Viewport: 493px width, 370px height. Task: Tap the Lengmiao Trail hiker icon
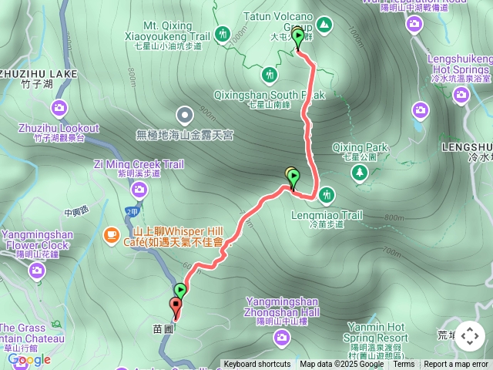point(326,193)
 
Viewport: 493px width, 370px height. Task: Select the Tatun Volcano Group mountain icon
point(324,25)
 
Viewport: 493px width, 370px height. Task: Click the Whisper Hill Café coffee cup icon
point(112,233)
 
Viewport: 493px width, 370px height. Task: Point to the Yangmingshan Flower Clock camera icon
point(37,271)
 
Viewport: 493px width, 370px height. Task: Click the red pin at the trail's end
point(176,308)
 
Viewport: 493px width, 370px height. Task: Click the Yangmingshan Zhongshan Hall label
point(283,306)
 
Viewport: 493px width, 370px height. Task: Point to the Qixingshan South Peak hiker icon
point(269,75)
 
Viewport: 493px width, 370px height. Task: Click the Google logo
point(29,359)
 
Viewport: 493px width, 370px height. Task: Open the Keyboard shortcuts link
point(257,365)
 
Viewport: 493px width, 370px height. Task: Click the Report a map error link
point(457,365)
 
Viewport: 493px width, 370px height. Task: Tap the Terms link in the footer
point(404,365)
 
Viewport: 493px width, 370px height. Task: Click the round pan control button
point(469,337)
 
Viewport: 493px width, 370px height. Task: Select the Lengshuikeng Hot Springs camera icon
point(461,94)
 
